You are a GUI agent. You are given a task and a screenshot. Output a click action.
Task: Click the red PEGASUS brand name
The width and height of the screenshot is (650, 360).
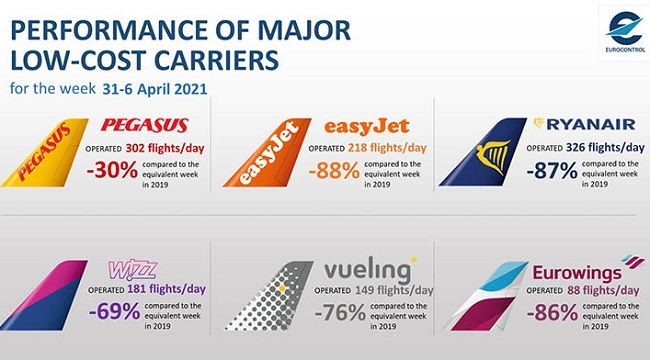(146, 127)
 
